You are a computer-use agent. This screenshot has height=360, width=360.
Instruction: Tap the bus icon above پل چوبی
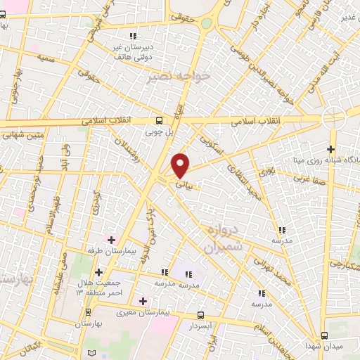tap(160, 120)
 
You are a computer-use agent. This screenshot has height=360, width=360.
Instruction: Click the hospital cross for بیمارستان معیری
tap(143, 301)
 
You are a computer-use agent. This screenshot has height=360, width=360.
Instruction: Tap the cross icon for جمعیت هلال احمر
tap(98, 272)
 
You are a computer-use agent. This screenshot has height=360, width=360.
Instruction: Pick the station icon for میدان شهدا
tap(324, 335)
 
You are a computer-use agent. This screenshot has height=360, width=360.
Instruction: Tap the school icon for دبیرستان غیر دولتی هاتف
tap(132, 36)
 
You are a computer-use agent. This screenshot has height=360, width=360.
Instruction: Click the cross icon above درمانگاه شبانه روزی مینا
tap(330, 149)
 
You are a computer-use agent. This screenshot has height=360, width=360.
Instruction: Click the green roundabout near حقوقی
tap(206, 23)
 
